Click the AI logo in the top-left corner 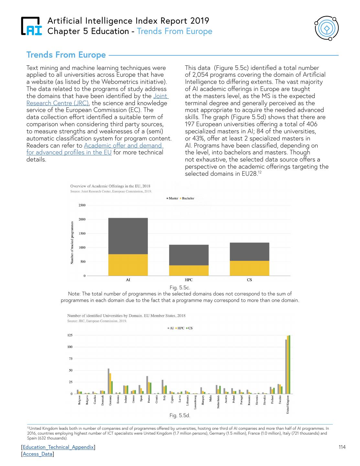click(31, 26)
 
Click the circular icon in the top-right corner click(326, 29)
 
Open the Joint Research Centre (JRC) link click(97, 100)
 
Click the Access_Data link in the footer click(38, 454)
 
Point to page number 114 click(342, 447)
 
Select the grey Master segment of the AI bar click(128, 236)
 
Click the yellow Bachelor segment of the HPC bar click(189, 270)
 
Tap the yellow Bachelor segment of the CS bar click(249, 268)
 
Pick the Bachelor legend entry click(188, 198)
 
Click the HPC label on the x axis click(189, 280)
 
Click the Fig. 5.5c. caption click(180, 287)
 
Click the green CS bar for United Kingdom click(289, 364)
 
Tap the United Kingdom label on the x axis click(288, 405)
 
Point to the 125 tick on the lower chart click(70, 335)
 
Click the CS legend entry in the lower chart click(190, 328)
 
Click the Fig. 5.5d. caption click(180, 415)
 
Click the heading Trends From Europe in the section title click(66, 55)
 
